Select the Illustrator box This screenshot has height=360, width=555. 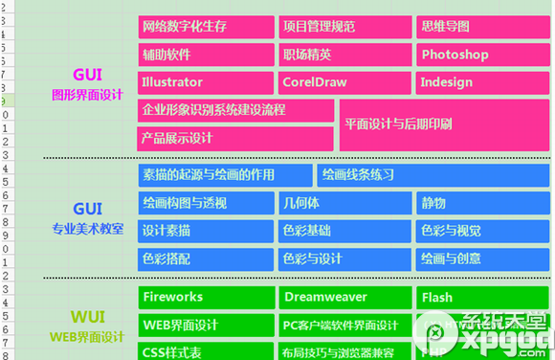point(206,82)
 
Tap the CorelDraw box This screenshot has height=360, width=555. point(344,82)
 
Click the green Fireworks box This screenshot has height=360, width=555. point(206,298)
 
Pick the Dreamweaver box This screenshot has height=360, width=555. point(344,298)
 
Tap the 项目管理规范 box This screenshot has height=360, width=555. point(344,27)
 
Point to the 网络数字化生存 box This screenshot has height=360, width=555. point(206,27)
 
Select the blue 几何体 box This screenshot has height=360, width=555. point(344,203)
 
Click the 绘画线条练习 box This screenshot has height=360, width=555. point(433,175)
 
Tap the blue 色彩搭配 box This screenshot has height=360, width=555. point(206,259)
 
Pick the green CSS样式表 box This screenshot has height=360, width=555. point(206,351)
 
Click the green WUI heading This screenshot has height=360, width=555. point(87,316)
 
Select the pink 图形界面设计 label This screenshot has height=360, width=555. point(87,95)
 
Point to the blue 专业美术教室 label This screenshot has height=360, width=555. point(87,230)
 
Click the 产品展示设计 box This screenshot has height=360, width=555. point(235,139)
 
